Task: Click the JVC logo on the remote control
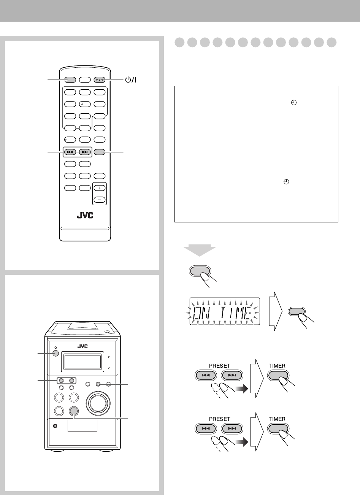[85, 215]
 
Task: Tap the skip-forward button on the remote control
[85, 152]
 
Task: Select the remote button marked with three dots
[100, 80]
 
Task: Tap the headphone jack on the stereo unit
[55, 425]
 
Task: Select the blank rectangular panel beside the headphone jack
[82, 426]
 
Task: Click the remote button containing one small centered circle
[85, 103]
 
